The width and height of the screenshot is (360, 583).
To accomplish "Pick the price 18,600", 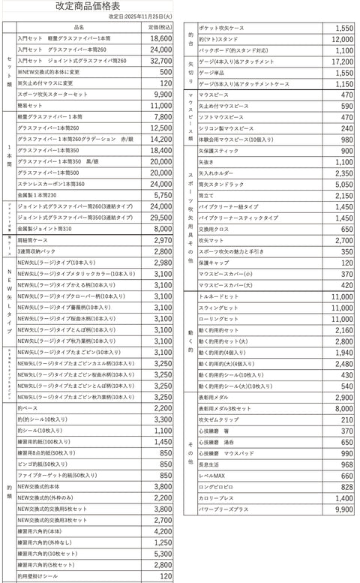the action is (x=160, y=37).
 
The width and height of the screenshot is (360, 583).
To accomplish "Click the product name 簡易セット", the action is (x=31, y=107).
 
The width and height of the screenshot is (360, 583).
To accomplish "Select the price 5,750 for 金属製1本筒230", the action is (x=163, y=195).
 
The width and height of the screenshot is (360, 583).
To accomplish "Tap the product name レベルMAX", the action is (x=211, y=476).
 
